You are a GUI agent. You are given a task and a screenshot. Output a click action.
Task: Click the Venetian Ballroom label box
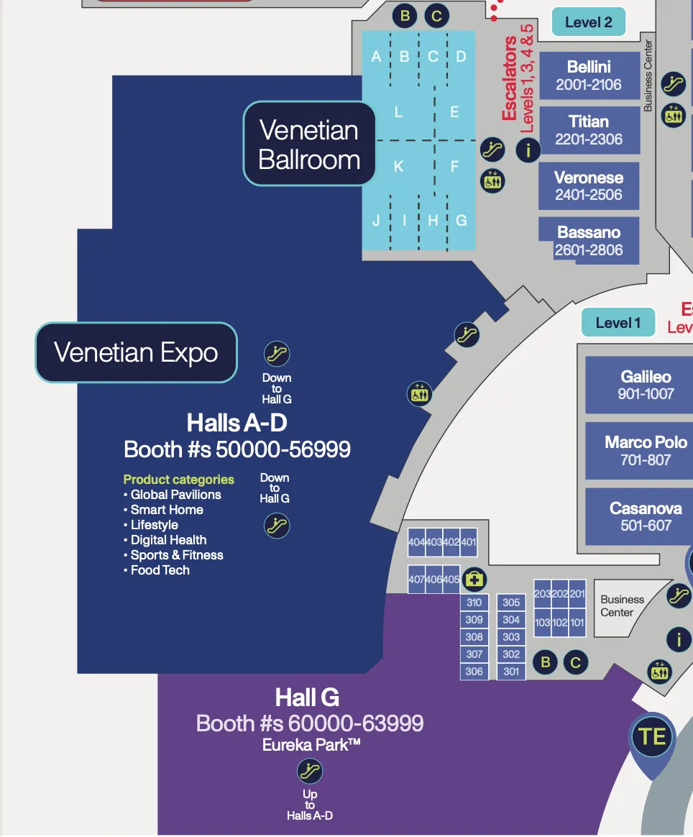pos(309,145)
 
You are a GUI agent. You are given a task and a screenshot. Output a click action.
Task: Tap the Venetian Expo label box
pos(136,352)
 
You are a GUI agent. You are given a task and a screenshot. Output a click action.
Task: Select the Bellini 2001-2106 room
pos(589,76)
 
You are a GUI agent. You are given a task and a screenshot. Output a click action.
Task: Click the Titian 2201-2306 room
pos(589,130)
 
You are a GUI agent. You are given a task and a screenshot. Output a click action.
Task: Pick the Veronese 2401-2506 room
pos(589,186)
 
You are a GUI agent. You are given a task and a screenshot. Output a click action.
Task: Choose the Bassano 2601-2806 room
pos(589,241)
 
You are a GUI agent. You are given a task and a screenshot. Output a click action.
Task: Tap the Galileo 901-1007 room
pos(646,385)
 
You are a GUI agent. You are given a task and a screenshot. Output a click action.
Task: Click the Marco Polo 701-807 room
pos(646,450)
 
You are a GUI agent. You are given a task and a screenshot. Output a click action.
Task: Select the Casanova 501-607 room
pos(646,516)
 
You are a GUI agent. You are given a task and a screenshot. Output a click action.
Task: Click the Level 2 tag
pos(588,22)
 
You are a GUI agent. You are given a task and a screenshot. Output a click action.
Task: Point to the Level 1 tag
pos(618,323)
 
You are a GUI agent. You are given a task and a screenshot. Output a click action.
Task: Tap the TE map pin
pos(653,737)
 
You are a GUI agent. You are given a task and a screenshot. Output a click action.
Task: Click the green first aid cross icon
pos(474,579)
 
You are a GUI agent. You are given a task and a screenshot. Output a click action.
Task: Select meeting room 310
pos(474,603)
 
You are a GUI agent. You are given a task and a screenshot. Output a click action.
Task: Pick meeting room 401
pos(469,542)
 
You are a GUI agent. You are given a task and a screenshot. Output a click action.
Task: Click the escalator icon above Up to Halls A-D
pos(310,772)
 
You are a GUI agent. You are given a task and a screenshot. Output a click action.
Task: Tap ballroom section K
pos(398,167)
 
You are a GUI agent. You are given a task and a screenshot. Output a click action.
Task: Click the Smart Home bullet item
pos(167,510)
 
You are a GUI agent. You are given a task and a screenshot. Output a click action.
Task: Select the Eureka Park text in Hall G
pos(311,746)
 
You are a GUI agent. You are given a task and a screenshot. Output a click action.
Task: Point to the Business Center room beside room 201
pos(622,605)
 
